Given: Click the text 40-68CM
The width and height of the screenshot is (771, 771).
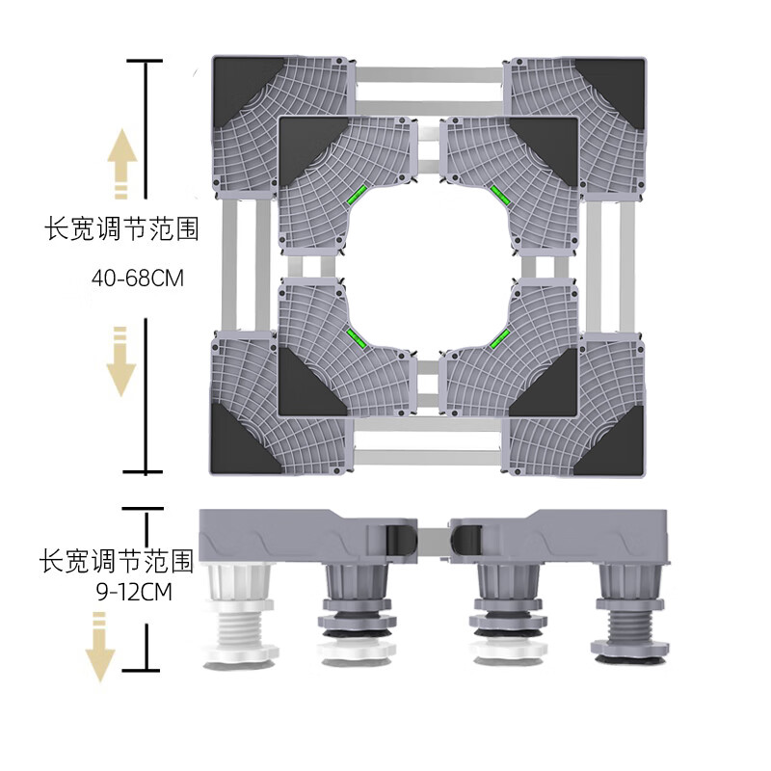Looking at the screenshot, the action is pyautogui.click(x=138, y=279).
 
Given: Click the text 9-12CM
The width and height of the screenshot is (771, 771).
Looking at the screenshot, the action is pyautogui.click(x=134, y=592).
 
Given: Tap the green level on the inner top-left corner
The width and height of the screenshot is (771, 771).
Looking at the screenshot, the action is pyautogui.click(x=357, y=195).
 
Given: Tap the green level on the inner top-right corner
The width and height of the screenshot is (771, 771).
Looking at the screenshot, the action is pyautogui.click(x=500, y=195).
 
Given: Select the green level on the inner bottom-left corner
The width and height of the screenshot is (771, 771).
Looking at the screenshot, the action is pyautogui.click(x=357, y=338).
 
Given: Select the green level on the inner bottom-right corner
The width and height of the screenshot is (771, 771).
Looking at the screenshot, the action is pyautogui.click(x=499, y=338).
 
